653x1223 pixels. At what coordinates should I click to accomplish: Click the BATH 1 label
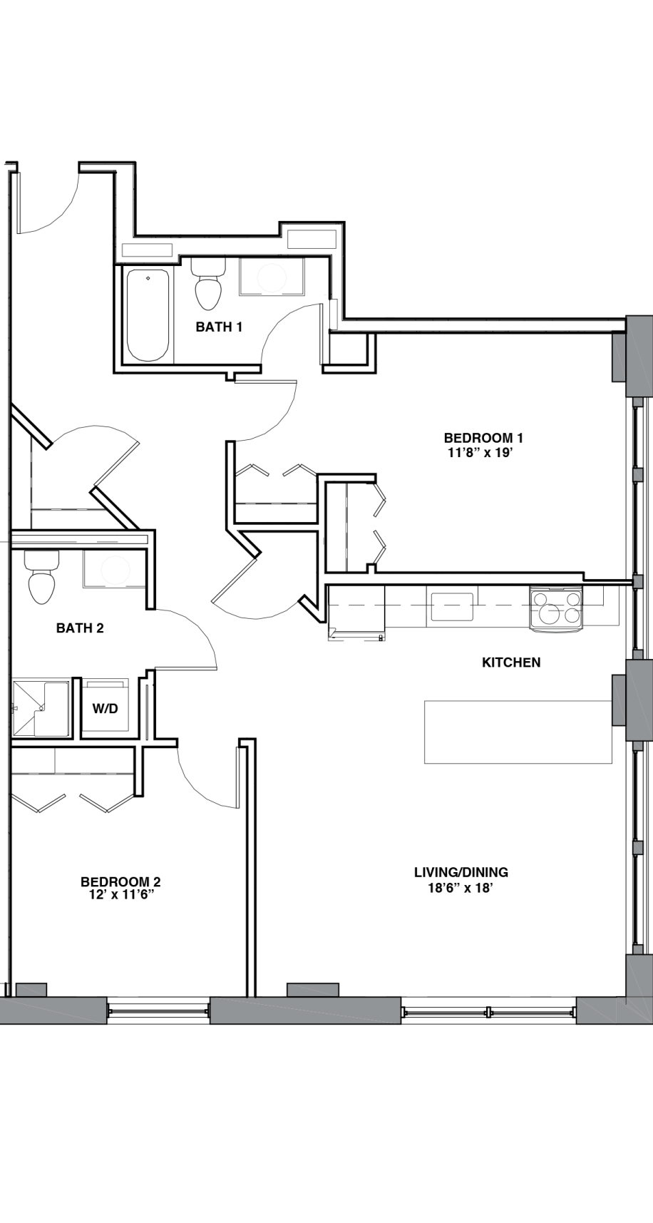pos(219,327)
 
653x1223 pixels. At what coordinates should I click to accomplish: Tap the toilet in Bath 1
pos(208,284)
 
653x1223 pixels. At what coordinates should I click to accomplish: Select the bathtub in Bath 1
pos(148,314)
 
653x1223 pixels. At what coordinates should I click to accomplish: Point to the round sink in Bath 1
pos(272,277)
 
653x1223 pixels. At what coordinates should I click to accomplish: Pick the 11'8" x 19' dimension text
pos(478,452)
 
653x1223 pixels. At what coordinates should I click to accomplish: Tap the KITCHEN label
pos(511,662)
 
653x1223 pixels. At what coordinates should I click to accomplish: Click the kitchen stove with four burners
pos(556,608)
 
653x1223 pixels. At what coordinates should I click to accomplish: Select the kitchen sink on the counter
pos(452,607)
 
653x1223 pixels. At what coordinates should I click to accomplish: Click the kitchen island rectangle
pos(518,732)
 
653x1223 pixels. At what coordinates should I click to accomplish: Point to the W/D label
pos(105,710)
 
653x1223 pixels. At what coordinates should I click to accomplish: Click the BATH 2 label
pos(80,628)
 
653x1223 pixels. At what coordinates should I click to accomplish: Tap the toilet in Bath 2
pos(41,577)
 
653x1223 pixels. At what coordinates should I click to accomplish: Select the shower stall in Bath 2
pos(41,709)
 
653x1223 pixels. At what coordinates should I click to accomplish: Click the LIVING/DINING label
pos(461,872)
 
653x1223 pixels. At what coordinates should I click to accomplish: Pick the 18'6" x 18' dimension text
pos(461,889)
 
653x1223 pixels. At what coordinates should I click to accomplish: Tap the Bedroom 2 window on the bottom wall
pos(158,1010)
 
